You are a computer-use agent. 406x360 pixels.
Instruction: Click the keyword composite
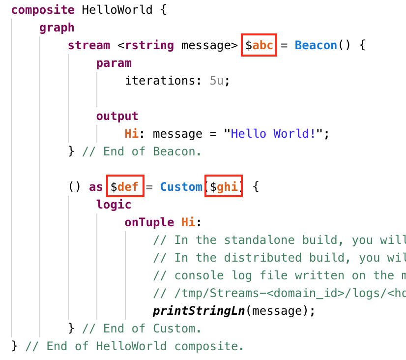tap(43, 10)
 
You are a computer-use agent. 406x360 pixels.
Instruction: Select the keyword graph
tap(57, 28)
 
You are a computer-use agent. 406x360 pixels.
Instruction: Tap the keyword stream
tap(89, 45)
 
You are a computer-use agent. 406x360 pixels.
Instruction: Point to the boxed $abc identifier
tap(259, 45)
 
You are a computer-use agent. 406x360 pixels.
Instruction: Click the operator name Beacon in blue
tap(316, 45)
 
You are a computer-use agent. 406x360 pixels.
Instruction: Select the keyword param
tap(114, 63)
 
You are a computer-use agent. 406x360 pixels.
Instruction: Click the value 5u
tap(216, 81)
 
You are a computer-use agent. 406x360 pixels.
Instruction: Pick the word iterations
tap(161, 81)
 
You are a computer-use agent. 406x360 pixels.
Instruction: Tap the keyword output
tap(117, 116)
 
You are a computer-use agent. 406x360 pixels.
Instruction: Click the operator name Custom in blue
tap(181, 187)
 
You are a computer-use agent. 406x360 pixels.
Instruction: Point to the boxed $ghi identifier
tap(224, 187)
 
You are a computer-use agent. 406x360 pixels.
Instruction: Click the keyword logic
tap(114, 205)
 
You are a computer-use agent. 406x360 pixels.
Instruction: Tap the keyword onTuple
tap(149, 222)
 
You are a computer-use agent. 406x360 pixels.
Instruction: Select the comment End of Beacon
tap(142, 151)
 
